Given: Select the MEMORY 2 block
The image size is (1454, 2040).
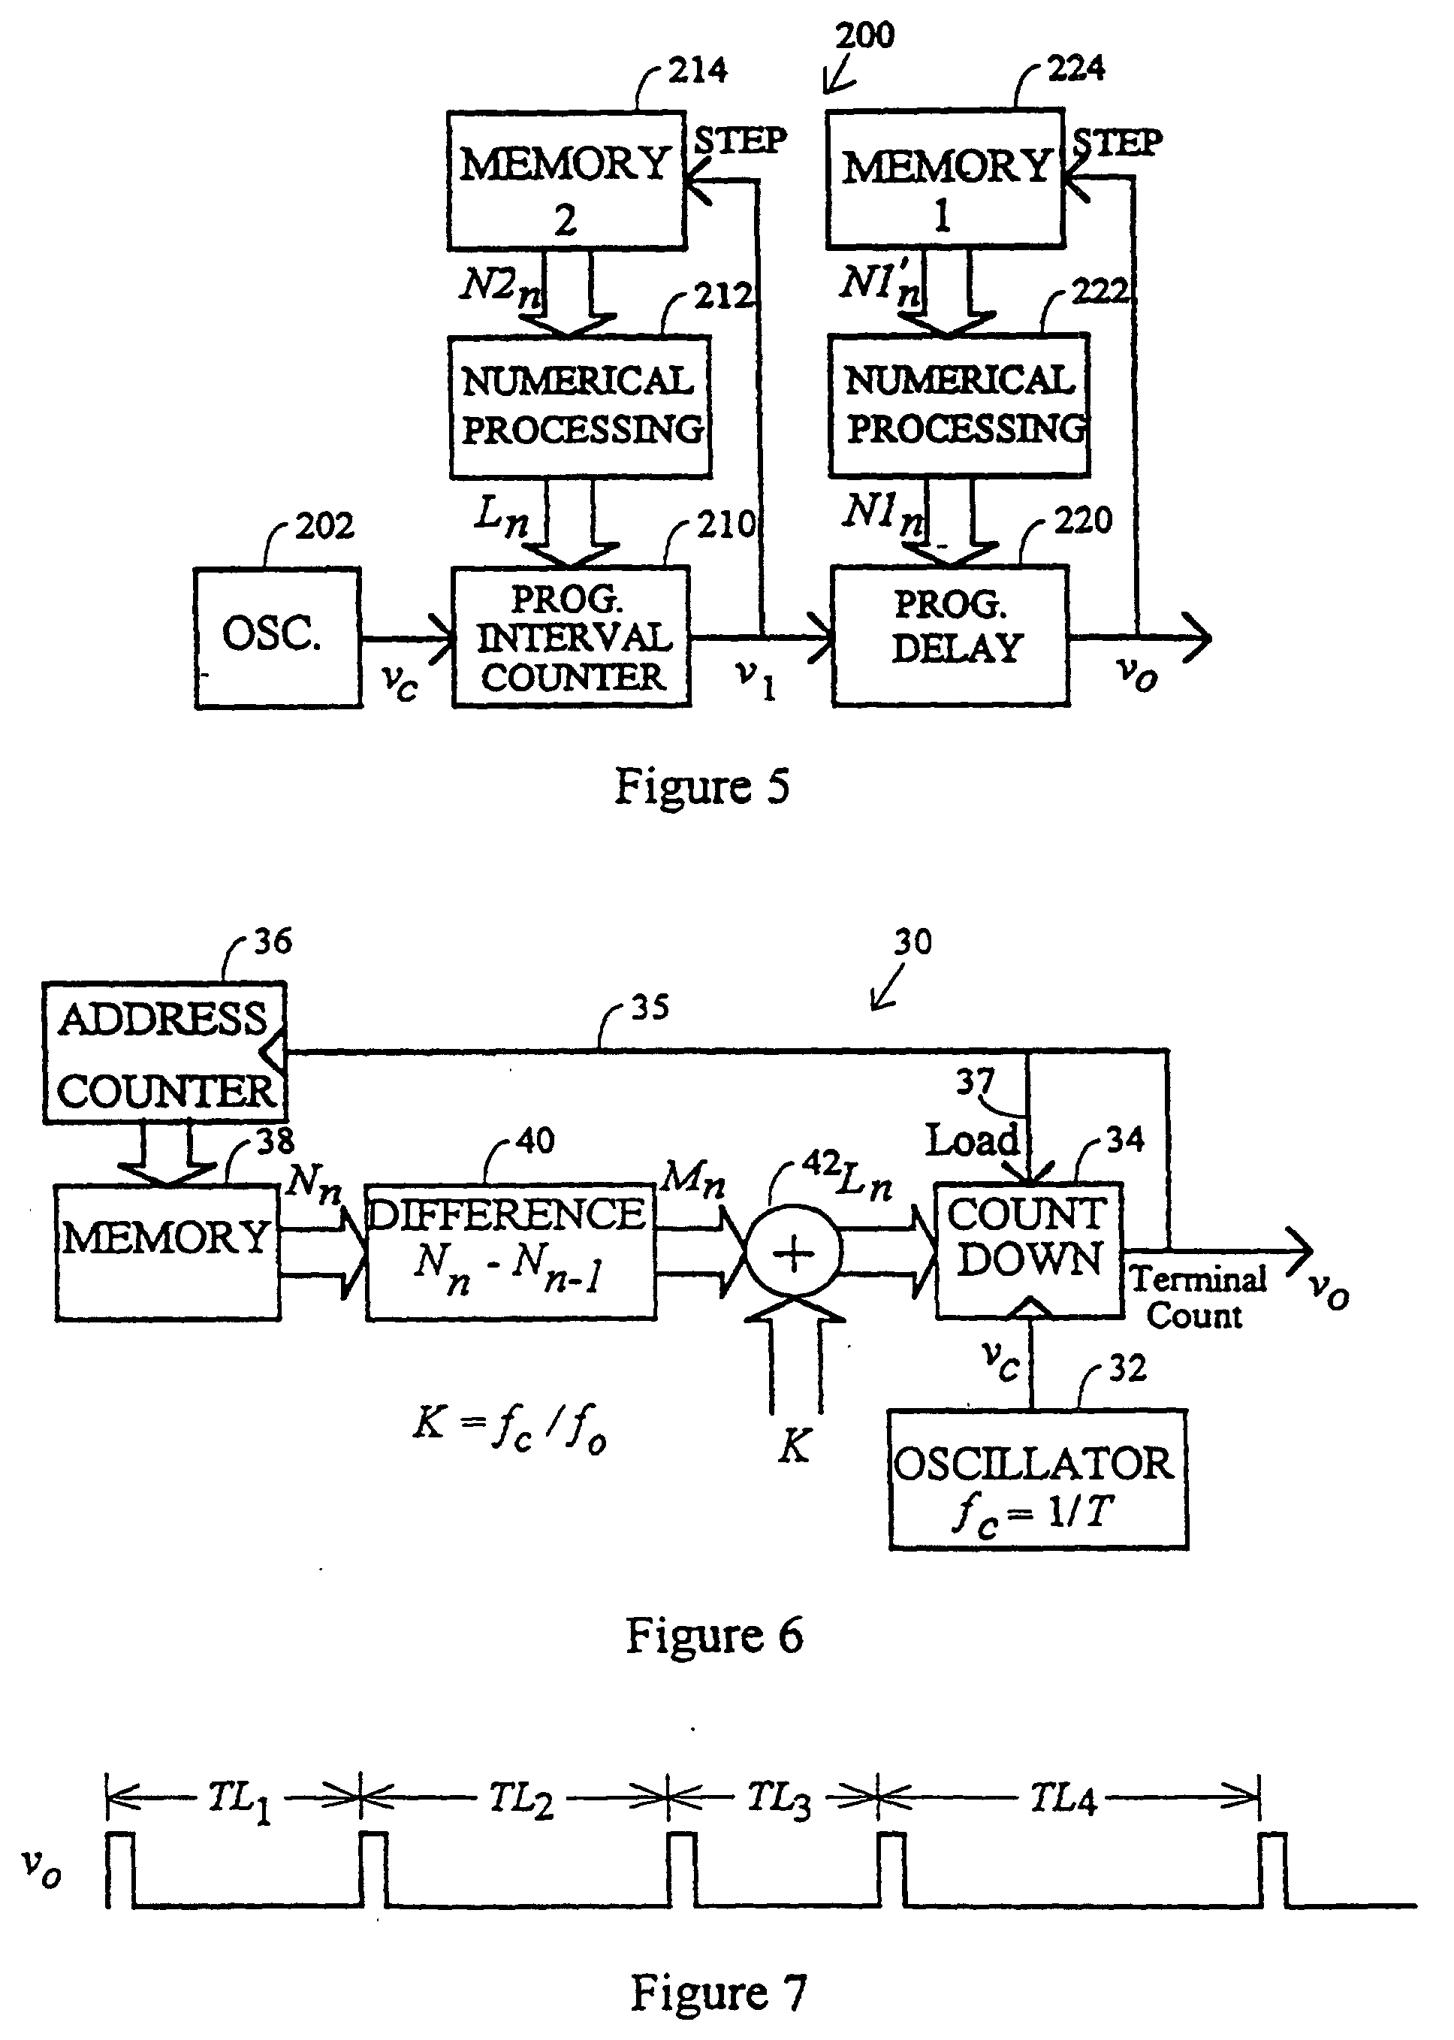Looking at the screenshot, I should click(566, 180).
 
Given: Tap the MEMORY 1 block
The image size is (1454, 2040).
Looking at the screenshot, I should click(945, 178).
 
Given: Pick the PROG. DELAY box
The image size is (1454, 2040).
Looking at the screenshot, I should click(950, 635).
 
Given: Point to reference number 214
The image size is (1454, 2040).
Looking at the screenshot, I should click(698, 70).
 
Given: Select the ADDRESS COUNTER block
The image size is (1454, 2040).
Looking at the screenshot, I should click(164, 1053).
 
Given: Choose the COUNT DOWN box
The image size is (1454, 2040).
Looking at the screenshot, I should click(1029, 1250).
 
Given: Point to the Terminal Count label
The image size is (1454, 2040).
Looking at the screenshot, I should click(1197, 1297).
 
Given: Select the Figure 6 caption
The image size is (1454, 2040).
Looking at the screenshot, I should click(713, 1636).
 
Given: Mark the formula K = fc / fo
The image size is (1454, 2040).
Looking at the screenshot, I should click(509, 1424).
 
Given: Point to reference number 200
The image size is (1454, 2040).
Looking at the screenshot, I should click(864, 36).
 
